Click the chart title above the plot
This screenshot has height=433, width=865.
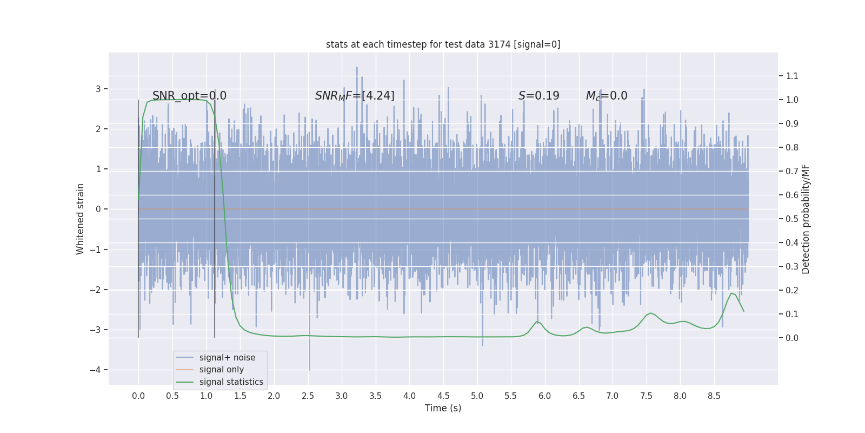(443, 44)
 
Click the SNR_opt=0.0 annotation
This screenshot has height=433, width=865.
(189, 96)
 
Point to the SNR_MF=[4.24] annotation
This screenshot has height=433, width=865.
(355, 96)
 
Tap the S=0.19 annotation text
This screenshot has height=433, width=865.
(538, 96)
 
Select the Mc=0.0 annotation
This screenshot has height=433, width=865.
(607, 96)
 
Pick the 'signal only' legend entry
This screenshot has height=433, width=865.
(221, 370)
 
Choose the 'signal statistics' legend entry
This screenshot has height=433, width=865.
(231, 382)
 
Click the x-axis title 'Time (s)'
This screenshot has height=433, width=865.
(443, 408)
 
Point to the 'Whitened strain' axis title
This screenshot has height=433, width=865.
(81, 219)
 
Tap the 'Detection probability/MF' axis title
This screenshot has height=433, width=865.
(806, 219)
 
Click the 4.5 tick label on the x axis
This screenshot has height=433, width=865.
(443, 396)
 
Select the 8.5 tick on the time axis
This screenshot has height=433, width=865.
(714, 396)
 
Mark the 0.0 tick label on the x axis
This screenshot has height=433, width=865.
(138, 396)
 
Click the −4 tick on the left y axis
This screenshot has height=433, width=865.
(97, 370)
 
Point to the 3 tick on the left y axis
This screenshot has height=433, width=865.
(98, 89)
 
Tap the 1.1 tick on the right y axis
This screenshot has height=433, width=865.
(792, 76)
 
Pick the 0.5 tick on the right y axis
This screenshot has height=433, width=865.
(792, 219)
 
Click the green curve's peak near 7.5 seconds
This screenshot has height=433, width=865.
(650, 313)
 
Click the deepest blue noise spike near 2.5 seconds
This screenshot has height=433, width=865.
(309, 369)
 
